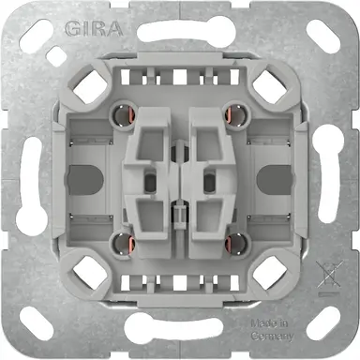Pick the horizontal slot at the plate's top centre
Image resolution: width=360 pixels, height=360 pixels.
[180, 28]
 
